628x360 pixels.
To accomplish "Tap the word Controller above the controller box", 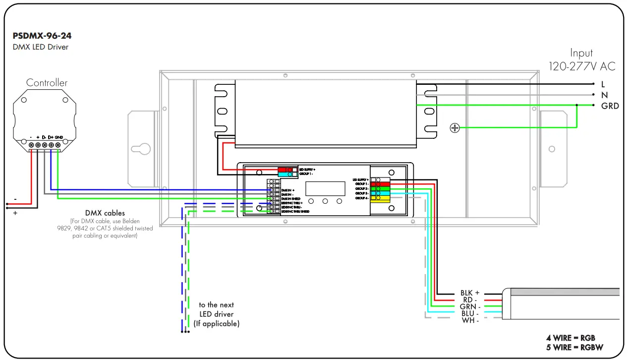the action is coord(47,83).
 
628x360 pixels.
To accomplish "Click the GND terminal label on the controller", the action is coord(59,137).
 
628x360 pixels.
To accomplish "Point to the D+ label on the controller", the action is coord(51,137).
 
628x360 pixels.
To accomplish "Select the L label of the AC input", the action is coord(603,84).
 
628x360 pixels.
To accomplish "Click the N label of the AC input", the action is coord(605,95).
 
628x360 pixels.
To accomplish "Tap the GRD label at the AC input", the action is coord(610,106).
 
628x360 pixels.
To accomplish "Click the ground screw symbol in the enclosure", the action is coord(455,128).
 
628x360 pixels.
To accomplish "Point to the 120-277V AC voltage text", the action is coord(582,66).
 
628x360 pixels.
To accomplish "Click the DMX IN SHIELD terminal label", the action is coord(290,199).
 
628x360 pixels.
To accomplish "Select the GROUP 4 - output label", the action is coord(361,198).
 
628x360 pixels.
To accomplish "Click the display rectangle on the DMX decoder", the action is coord(325,188).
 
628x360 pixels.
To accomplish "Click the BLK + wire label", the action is coord(470,293).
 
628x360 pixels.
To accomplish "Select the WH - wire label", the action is coord(470,320).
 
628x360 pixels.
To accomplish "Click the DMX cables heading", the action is coord(105,213).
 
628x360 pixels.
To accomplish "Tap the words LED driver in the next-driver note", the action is coord(216,314).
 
